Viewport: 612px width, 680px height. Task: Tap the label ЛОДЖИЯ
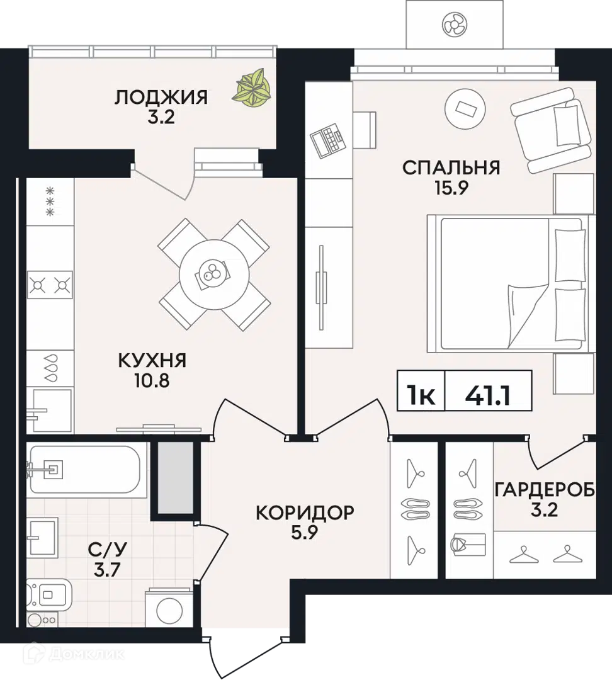(161, 98)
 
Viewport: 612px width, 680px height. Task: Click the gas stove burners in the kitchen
(50, 285)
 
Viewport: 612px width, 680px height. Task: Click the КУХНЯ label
(152, 361)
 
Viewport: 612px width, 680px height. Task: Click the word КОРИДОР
(305, 513)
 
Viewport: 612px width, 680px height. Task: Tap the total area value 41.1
(488, 395)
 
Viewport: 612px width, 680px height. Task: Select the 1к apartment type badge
(420, 395)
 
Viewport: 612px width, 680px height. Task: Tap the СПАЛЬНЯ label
(451, 168)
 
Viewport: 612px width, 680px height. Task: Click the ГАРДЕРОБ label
(544, 490)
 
